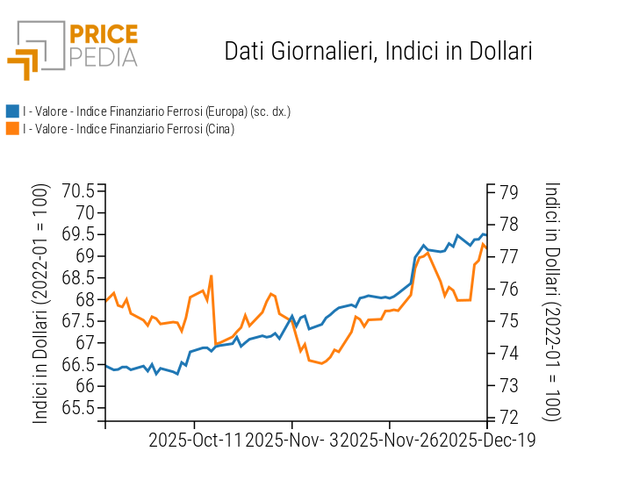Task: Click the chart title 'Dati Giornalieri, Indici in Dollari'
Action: click(378, 51)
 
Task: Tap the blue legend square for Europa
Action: click(12, 111)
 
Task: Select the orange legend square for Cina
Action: click(12, 129)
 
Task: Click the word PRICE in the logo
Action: click(103, 34)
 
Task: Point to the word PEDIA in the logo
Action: click(103, 57)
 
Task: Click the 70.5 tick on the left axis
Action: click(78, 191)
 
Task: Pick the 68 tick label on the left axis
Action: click(85, 299)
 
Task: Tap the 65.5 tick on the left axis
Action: click(78, 408)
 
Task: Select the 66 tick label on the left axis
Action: click(85, 386)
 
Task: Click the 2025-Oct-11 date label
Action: click(194, 439)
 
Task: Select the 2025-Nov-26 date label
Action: click(388, 439)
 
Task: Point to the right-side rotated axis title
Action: click(552, 302)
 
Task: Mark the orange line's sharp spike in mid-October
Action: click(212, 276)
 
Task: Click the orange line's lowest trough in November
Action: click(321, 363)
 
